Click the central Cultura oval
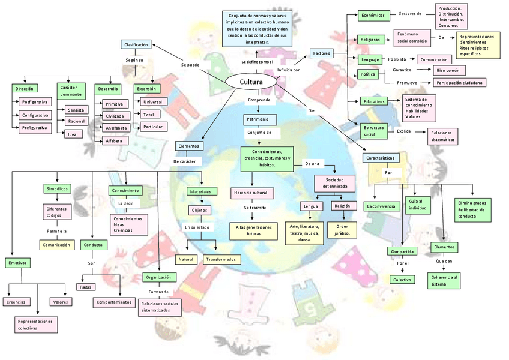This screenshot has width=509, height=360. pos(251,82)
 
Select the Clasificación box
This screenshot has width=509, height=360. pos(136,44)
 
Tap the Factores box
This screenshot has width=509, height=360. pos(322,53)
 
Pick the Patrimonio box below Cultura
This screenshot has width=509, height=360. pos(259,119)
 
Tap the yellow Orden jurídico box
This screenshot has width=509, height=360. pos(343,229)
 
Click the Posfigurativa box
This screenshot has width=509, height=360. pos(35,102)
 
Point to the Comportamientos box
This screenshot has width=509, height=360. pos(114,302)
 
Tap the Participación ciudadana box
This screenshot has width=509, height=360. pos(460,82)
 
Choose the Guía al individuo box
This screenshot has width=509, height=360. pos(417,205)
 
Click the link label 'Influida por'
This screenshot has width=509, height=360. pos(289,70)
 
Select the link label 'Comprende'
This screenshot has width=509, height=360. pos(259,100)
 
